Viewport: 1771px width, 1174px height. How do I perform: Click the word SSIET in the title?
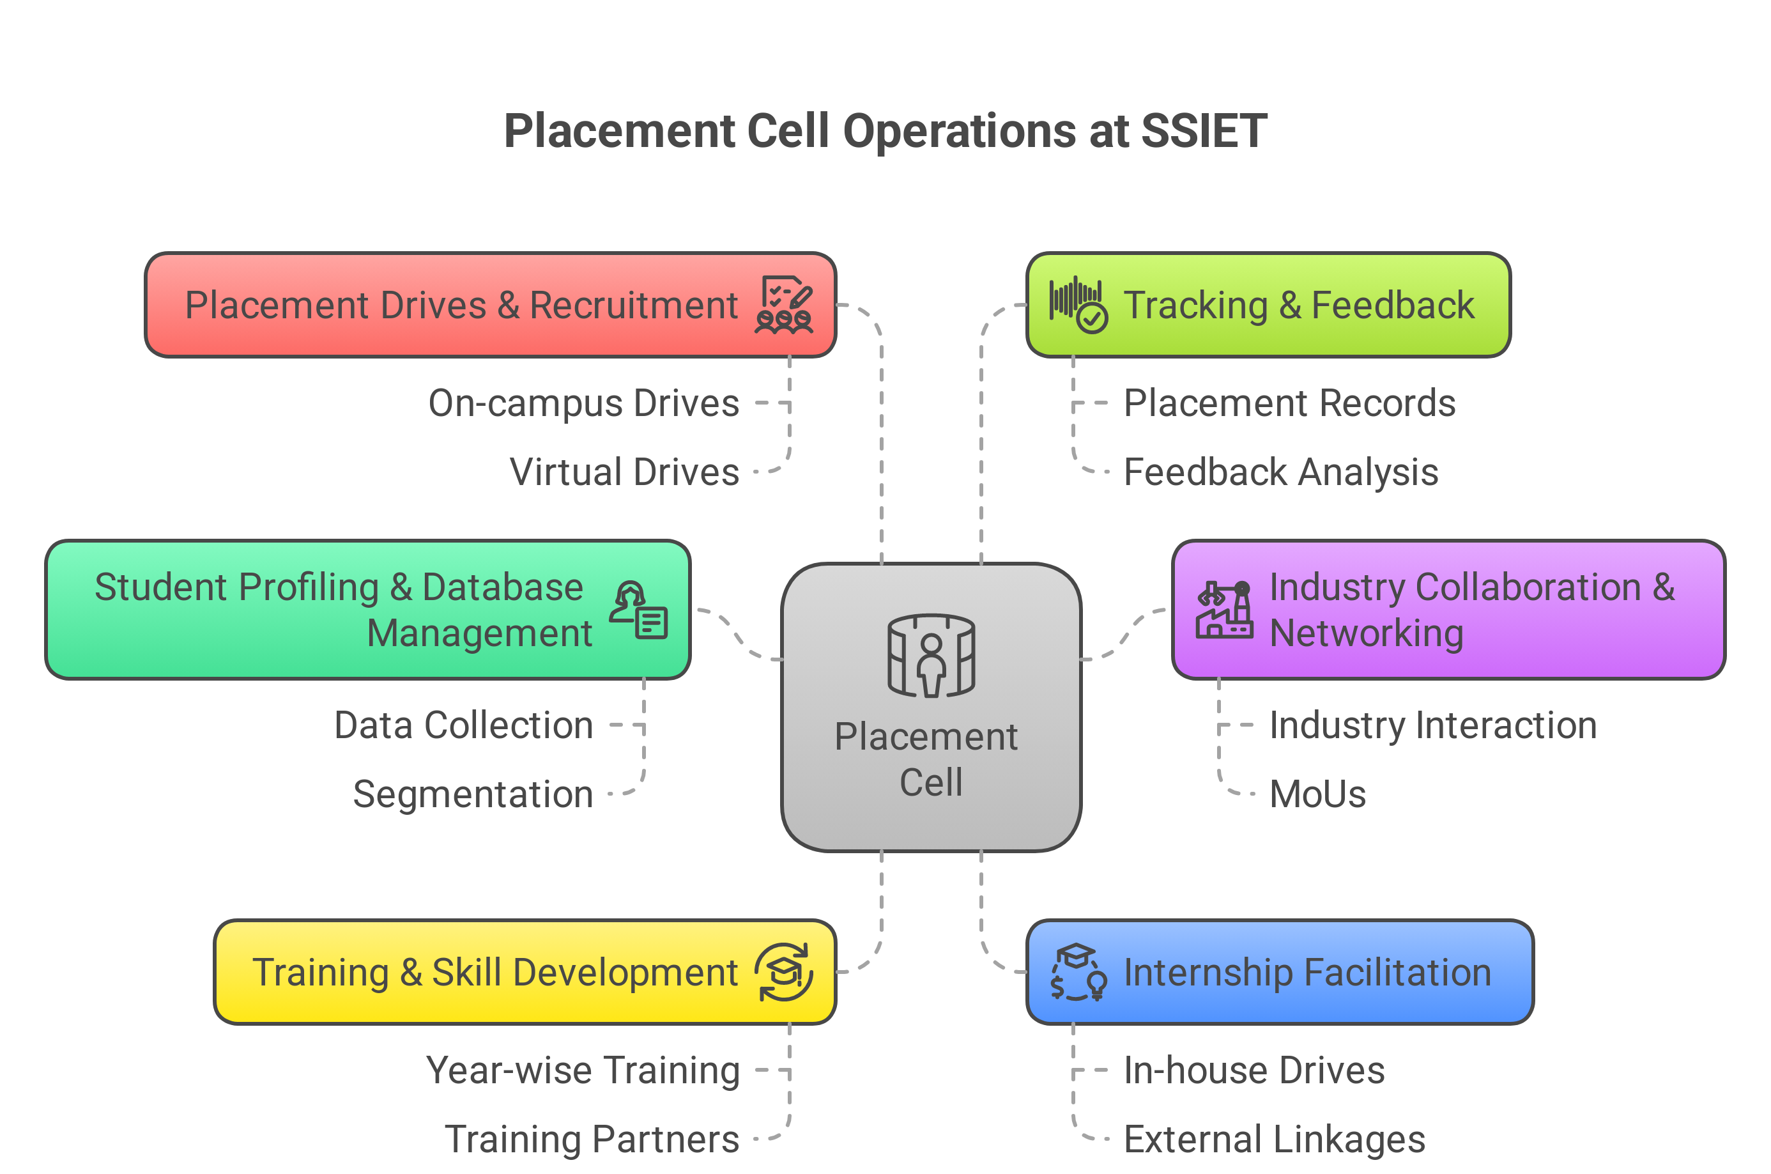point(1203,132)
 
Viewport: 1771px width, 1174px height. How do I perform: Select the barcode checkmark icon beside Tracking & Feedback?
point(1078,305)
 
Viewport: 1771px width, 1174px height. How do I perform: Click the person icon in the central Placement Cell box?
point(931,656)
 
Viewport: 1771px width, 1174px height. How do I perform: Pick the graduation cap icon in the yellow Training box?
point(783,972)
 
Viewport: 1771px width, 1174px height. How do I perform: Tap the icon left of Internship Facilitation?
point(1078,972)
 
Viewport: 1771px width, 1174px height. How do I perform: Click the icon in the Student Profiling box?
point(638,610)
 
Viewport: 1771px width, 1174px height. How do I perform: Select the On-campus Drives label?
point(583,403)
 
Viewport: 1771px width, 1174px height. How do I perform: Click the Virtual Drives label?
point(624,472)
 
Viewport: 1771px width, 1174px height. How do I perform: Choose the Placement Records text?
point(1289,403)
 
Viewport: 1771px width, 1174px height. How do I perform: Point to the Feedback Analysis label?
point(1281,472)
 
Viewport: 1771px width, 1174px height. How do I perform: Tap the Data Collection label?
point(463,725)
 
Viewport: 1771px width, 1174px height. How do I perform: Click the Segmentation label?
point(473,794)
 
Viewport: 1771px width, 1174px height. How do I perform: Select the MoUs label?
point(1317,794)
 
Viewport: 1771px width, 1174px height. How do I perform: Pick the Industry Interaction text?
point(1432,725)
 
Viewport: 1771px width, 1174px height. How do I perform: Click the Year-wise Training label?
point(583,1070)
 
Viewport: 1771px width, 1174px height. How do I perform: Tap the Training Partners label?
point(592,1139)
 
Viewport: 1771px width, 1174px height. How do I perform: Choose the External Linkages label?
point(1274,1139)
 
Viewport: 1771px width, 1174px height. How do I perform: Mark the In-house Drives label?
point(1253,1070)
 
